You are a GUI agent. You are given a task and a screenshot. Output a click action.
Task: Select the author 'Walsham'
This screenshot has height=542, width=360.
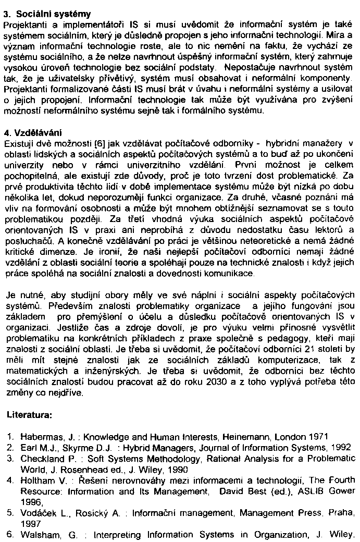click(x=38, y=535)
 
